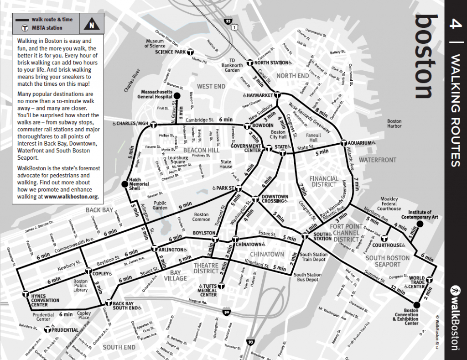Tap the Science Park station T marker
(191, 52)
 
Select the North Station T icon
(250, 63)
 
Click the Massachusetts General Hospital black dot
(177, 95)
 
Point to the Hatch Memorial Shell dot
(124, 184)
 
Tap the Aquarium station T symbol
(344, 143)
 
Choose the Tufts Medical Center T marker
(221, 286)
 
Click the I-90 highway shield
(227, 312)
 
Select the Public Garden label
(160, 205)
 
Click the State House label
(226, 164)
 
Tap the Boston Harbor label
(394, 124)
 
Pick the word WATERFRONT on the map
(377, 160)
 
